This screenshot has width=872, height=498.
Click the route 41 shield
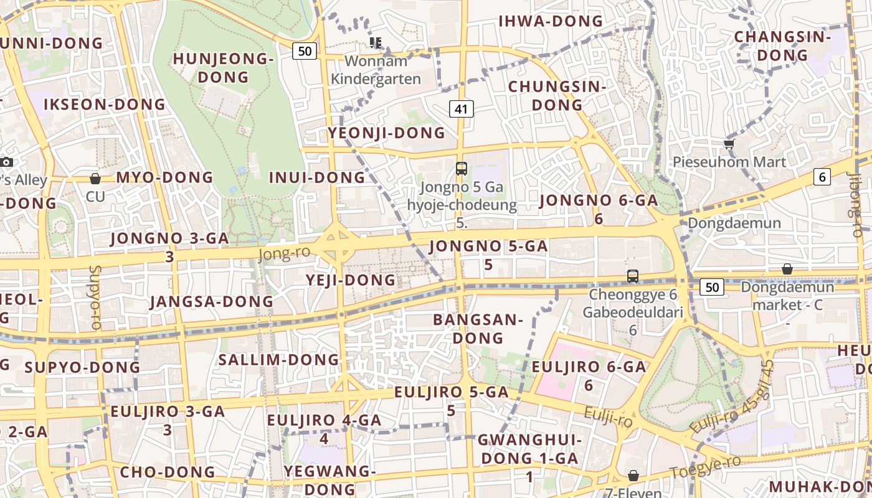(x=461, y=109)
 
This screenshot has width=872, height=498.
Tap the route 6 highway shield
(x=822, y=177)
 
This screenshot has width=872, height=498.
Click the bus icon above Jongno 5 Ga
(x=461, y=168)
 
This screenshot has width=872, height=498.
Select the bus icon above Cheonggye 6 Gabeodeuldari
(x=633, y=276)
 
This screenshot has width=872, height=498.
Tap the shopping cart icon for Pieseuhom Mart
(x=729, y=144)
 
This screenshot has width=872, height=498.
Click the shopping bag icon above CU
(x=95, y=179)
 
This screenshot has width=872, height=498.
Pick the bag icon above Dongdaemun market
(x=787, y=269)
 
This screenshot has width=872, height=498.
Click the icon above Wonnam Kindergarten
(x=375, y=42)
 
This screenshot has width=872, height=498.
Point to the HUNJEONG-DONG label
(x=223, y=68)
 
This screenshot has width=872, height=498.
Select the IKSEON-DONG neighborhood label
(x=105, y=104)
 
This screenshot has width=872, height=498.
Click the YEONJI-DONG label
(x=387, y=133)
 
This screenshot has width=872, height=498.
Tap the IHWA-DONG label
(x=551, y=21)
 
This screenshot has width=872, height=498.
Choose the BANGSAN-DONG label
(x=478, y=329)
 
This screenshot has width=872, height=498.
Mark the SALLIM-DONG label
(x=278, y=359)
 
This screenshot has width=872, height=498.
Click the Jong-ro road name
(x=284, y=253)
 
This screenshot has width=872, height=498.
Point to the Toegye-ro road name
(x=705, y=467)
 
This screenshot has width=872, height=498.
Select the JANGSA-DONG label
(x=212, y=301)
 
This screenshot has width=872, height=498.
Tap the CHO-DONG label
(x=168, y=472)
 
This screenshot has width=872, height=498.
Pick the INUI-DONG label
(x=317, y=177)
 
